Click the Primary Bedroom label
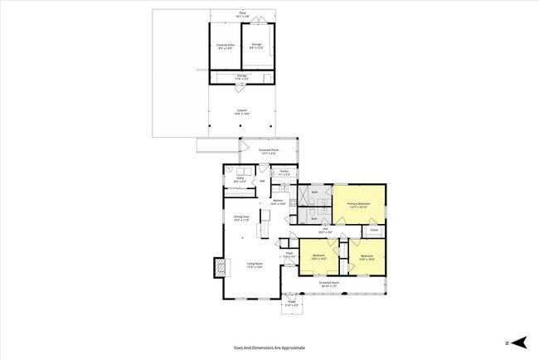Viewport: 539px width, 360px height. pos(360,205)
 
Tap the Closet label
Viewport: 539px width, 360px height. pos(374,229)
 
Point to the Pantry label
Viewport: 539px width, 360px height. pos(284,173)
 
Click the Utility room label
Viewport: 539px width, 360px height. pos(240,179)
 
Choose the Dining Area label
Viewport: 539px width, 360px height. pos(241,218)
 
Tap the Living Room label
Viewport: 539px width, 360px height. pos(255,265)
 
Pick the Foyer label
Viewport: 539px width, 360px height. pos(289,255)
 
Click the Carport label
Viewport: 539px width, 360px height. pos(242,111)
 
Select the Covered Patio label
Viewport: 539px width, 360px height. pos(225,46)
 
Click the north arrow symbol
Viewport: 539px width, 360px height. pos(518,342)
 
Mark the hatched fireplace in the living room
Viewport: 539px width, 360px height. pos(220,267)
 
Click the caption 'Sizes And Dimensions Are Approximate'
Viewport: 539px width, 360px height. pos(269,348)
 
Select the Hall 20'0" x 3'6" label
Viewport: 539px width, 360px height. pos(328,230)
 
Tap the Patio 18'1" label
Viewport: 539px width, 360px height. pos(242,14)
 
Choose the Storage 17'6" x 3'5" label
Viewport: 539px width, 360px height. pos(242,77)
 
